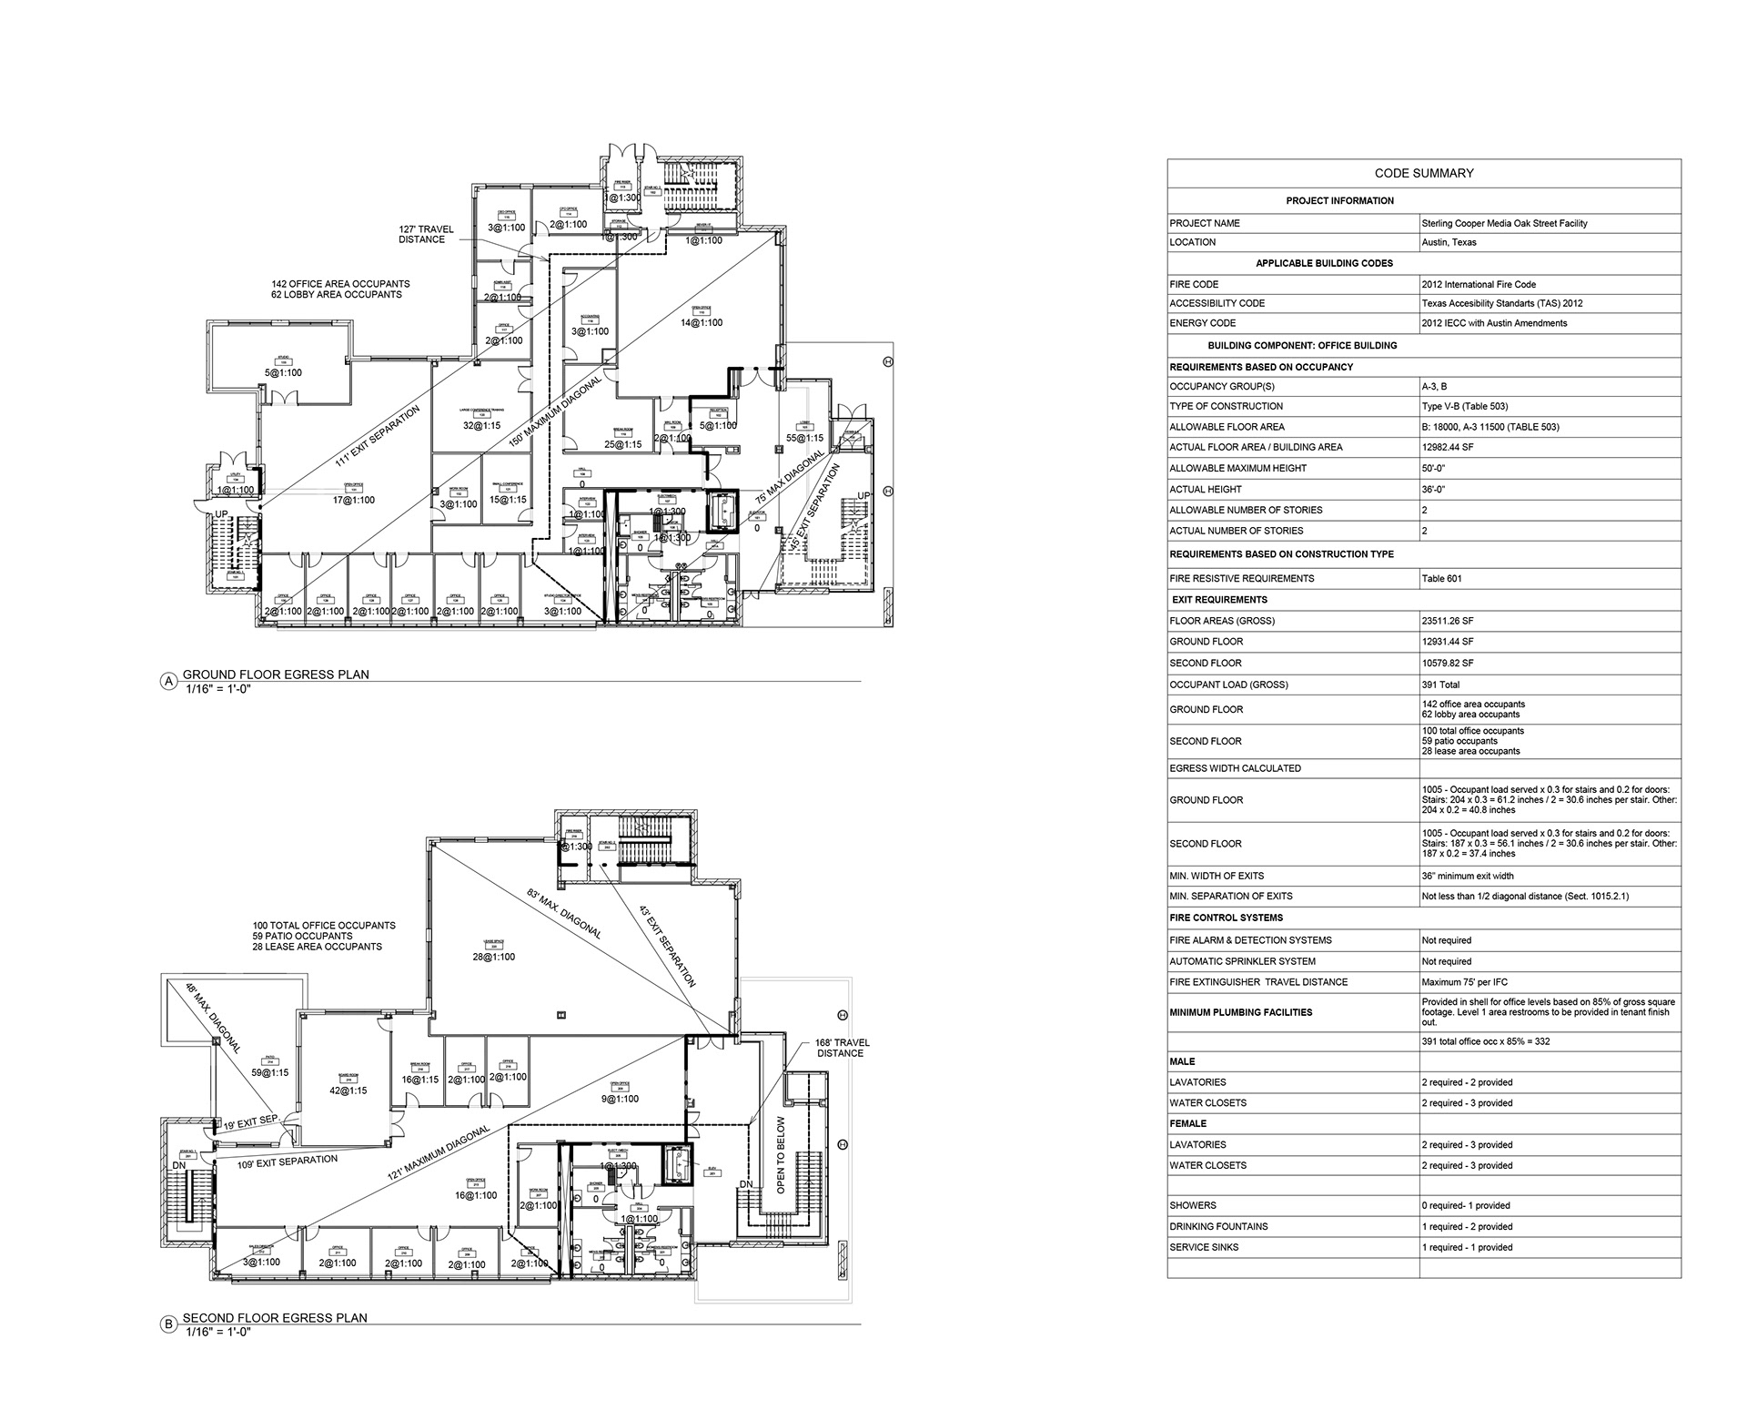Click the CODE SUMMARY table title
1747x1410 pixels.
(x=1424, y=173)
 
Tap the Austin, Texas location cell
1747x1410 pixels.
(x=1449, y=242)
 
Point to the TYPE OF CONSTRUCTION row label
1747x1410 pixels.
(x=1226, y=406)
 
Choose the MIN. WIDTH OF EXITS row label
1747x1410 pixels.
(x=1217, y=876)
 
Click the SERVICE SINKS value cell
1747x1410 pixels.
(x=1467, y=1247)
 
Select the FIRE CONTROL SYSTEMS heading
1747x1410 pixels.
(x=1226, y=918)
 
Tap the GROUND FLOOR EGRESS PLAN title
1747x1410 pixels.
(x=276, y=675)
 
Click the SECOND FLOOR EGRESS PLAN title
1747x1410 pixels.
(x=276, y=1317)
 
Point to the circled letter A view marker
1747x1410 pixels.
(x=167, y=681)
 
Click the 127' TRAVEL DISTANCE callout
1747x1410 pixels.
(x=426, y=235)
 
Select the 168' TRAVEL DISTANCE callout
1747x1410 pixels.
(x=840, y=1048)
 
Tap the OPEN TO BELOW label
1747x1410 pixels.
(x=779, y=1156)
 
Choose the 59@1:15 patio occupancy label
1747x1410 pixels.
(x=270, y=1073)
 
